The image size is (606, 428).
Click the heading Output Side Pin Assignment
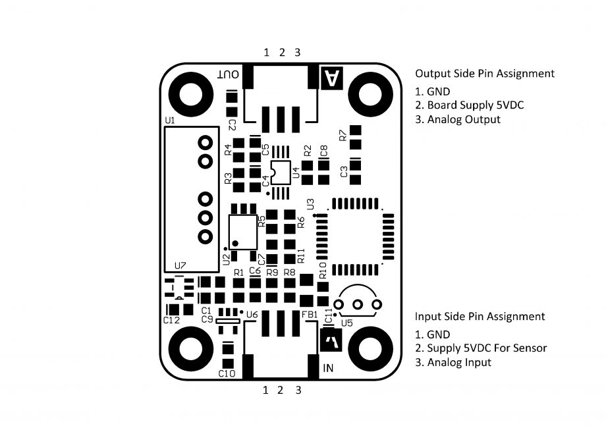(484, 73)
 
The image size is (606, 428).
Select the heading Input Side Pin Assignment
(480, 316)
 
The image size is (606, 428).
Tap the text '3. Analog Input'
(453, 362)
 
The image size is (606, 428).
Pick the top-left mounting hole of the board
(190, 93)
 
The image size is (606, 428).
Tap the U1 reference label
(169, 120)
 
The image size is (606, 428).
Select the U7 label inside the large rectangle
(180, 265)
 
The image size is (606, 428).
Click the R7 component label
(343, 136)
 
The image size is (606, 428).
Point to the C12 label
(171, 320)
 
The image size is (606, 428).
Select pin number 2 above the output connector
(281, 52)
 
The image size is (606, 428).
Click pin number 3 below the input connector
(298, 390)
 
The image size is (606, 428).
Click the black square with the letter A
(331, 78)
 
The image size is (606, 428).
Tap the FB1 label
(309, 315)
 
